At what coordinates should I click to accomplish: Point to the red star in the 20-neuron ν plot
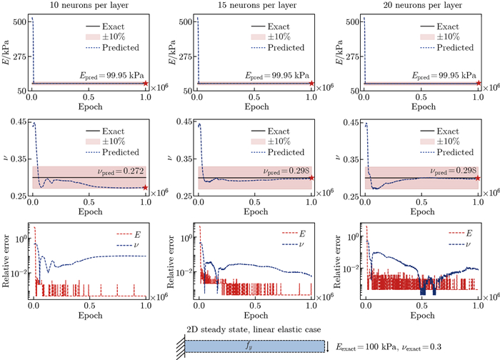(x=478, y=178)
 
